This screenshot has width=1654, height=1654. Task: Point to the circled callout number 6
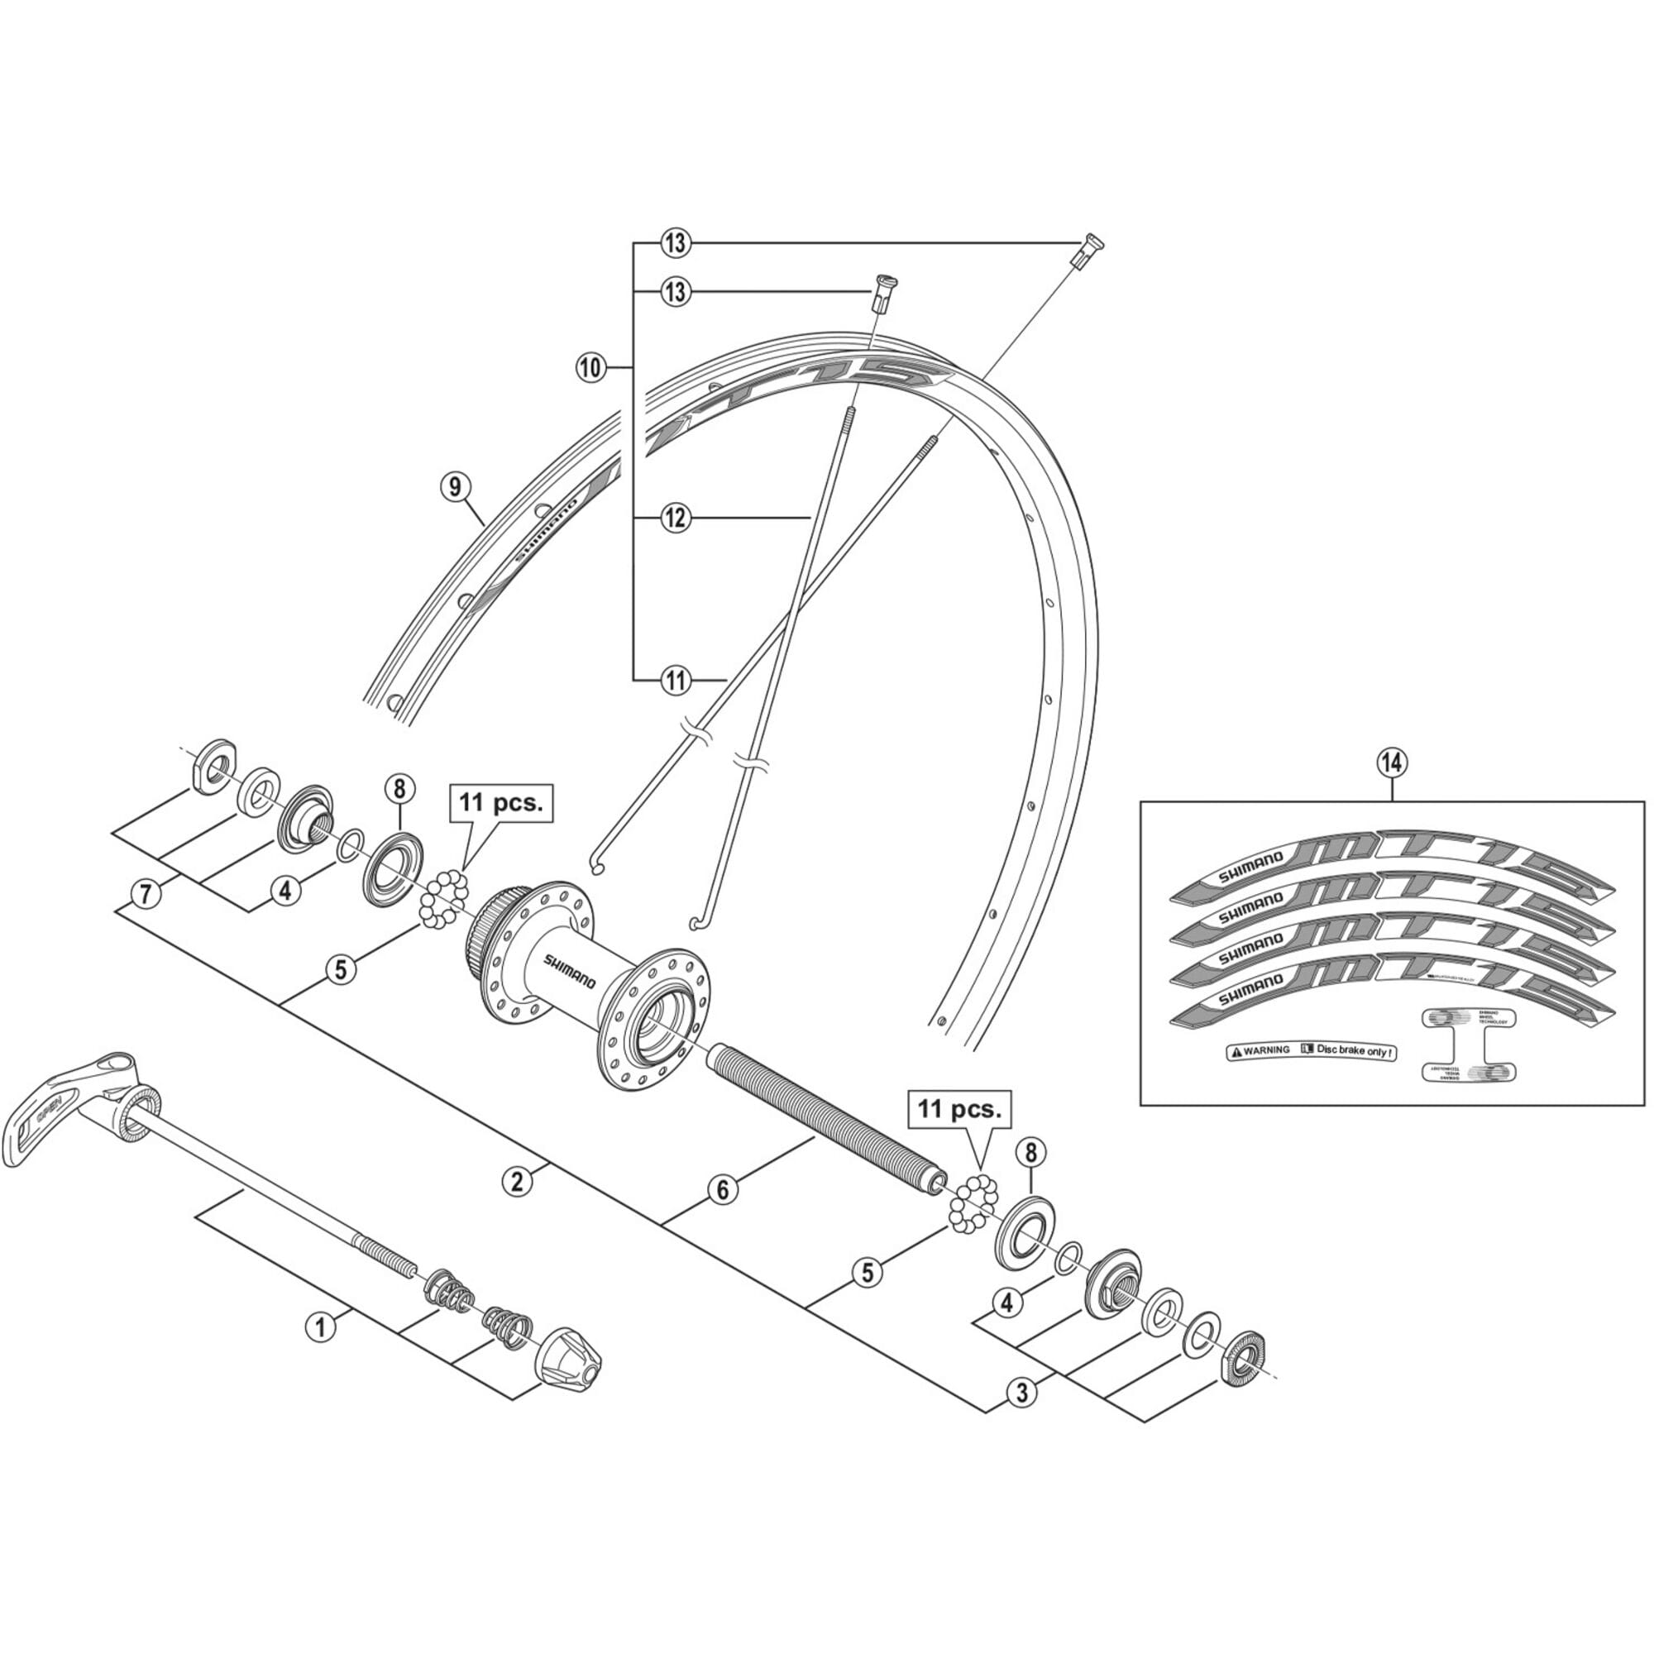(x=723, y=1190)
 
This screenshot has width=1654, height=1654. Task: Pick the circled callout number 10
(x=590, y=369)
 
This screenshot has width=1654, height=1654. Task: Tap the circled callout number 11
(x=676, y=681)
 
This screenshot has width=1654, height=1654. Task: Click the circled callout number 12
(x=676, y=518)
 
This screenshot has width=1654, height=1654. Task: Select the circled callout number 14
(x=1391, y=761)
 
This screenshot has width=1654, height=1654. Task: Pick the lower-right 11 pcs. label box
(x=958, y=1110)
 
